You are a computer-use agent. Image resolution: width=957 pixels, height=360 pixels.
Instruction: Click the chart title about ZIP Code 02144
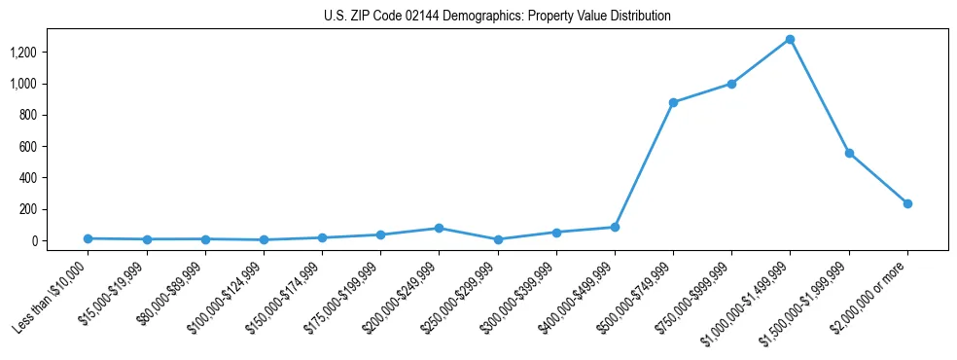pyautogui.click(x=497, y=17)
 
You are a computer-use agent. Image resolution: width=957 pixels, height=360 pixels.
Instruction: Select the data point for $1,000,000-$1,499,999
pyautogui.click(x=790, y=40)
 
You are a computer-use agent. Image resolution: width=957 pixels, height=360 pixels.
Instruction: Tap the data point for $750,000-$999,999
pyautogui.click(x=731, y=84)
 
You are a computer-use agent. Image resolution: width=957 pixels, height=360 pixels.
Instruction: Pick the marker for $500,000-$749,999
pyautogui.click(x=673, y=102)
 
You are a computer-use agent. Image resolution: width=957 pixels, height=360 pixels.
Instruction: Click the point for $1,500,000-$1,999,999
pyautogui.click(x=849, y=153)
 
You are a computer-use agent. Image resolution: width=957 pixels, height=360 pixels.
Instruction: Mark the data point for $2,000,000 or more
pyautogui.click(x=907, y=203)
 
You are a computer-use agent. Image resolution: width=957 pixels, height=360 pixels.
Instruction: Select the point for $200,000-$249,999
pyautogui.click(x=439, y=228)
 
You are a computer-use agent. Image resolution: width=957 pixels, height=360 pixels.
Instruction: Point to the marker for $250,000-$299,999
pyautogui.click(x=498, y=239)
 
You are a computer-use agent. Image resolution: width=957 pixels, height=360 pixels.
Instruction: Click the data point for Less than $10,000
pyautogui.click(x=88, y=238)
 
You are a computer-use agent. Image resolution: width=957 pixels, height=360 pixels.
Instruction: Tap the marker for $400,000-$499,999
pyautogui.click(x=615, y=227)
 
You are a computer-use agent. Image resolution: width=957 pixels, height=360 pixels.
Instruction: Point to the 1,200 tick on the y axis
pyautogui.click(x=23, y=53)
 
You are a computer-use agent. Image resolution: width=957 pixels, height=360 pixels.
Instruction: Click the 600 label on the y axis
pyautogui.click(x=27, y=147)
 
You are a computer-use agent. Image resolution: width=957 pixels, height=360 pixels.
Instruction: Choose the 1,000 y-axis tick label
pyautogui.click(x=23, y=84)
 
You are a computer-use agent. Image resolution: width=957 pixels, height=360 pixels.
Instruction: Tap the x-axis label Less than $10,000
pyautogui.click(x=51, y=298)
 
